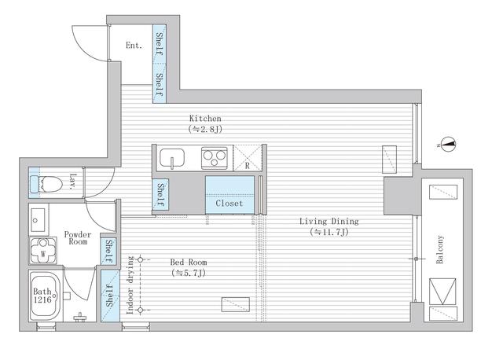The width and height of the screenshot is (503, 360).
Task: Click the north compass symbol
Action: click(x=449, y=145)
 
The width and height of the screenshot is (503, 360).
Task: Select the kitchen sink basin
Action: click(x=172, y=158)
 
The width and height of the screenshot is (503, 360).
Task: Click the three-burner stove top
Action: click(x=215, y=158)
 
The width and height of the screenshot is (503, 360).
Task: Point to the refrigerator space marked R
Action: click(x=248, y=158)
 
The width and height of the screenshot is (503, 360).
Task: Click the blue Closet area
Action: click(x=229, y=195)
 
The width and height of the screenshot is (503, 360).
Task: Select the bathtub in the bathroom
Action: click(x=46, y=296)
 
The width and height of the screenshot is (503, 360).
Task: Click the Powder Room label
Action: click(x=78, y=237)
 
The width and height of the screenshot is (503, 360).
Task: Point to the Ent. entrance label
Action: click(x=134, y=46)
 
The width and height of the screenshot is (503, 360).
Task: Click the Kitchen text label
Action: click(x=205, y=118)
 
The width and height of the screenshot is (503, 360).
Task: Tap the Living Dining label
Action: click(x=329, y=221)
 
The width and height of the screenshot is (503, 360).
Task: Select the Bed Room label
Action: click(x=189, y=262)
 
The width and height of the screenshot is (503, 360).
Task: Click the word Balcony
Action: click(x=440, y=250)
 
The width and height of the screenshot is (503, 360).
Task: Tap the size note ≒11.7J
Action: click(x=329, y=232)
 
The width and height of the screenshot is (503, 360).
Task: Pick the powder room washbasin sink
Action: click(x=38, y=220)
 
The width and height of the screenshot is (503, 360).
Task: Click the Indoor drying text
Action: click(x=130, y=285)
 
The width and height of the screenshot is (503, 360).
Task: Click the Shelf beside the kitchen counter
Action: click(x=160, y=195)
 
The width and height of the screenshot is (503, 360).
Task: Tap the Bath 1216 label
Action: click(x=42, y=296)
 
